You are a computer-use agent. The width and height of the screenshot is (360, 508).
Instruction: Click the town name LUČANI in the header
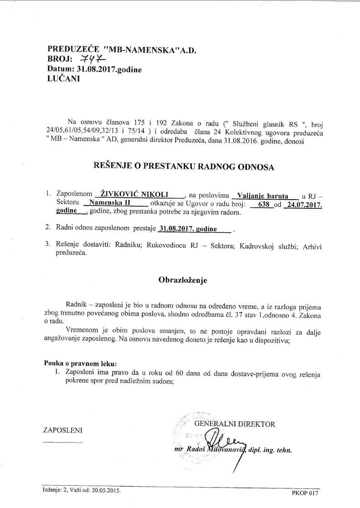(63, 78)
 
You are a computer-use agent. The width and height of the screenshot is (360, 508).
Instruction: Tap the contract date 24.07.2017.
(303, 204)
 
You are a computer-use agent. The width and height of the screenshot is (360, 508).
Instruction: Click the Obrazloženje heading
(182, 280)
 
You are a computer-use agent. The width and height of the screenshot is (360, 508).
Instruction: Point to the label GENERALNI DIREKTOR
(234, 424)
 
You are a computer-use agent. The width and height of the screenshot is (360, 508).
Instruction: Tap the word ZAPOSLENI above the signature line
(63, 430)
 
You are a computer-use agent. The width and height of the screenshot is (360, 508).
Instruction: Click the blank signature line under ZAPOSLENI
(63, 441)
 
